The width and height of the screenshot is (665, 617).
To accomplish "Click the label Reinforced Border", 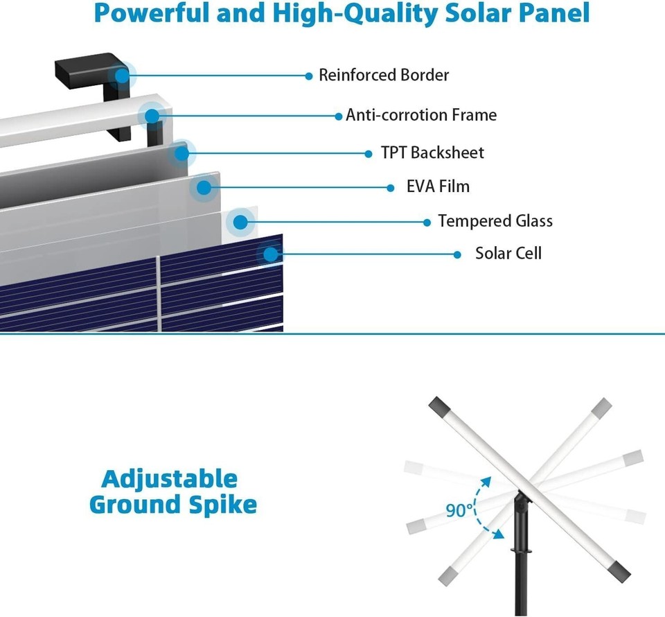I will (383, 75).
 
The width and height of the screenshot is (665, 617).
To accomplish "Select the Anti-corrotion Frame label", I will (421, 114).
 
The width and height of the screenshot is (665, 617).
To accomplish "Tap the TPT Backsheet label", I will (432, 153).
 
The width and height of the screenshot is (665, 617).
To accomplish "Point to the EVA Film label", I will (438, 186).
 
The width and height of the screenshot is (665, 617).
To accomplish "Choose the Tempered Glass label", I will (495, 221).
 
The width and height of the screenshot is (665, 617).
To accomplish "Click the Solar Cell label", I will (508, 253).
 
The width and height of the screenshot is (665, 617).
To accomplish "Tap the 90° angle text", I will (459, 511).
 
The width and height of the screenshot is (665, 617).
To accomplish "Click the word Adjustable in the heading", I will (169, 478).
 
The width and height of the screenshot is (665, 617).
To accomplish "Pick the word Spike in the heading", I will (220, 505).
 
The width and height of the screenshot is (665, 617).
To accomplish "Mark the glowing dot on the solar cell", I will (271, 254).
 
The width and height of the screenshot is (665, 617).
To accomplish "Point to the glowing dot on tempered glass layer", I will (240, 222).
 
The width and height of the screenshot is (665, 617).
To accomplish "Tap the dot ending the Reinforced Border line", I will (309, 76).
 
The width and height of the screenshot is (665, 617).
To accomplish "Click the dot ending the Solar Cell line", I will (457, 254).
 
